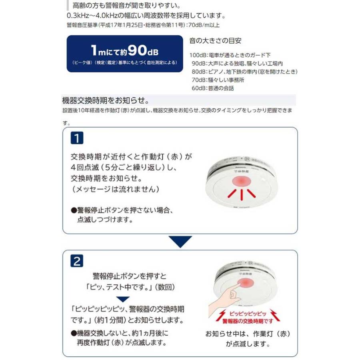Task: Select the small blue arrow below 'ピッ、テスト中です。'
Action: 124,299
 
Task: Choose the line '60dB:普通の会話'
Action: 212,88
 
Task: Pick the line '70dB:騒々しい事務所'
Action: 218,80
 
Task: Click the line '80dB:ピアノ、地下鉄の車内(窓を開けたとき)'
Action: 244,72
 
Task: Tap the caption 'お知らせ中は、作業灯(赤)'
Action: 248,334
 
